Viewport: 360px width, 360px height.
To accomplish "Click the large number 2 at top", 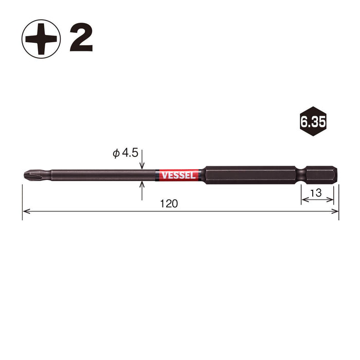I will (81, 39).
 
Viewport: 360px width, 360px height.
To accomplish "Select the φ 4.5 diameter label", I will (125, 153).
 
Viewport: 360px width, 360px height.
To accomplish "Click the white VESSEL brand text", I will (178, 175).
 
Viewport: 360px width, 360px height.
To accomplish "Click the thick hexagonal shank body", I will (247, 174).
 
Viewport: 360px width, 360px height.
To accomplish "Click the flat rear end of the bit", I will (337, 174).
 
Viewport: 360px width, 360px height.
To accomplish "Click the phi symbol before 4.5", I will (116, 153).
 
